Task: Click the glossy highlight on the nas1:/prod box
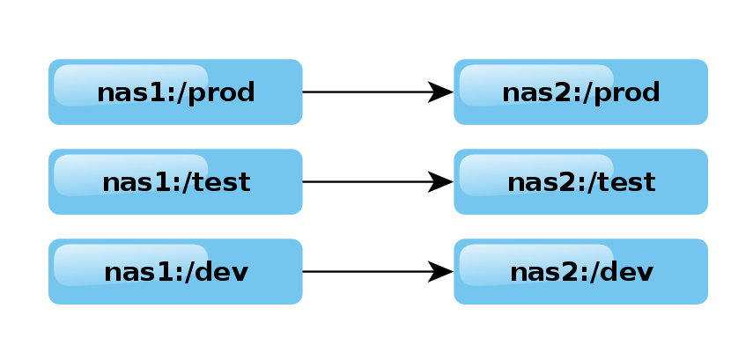pyautogui.click(x=130, y=74)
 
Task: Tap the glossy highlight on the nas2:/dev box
pyautogui.click(x=535, y=253)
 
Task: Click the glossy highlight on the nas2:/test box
pyautogui.click(x=535, y=164)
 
